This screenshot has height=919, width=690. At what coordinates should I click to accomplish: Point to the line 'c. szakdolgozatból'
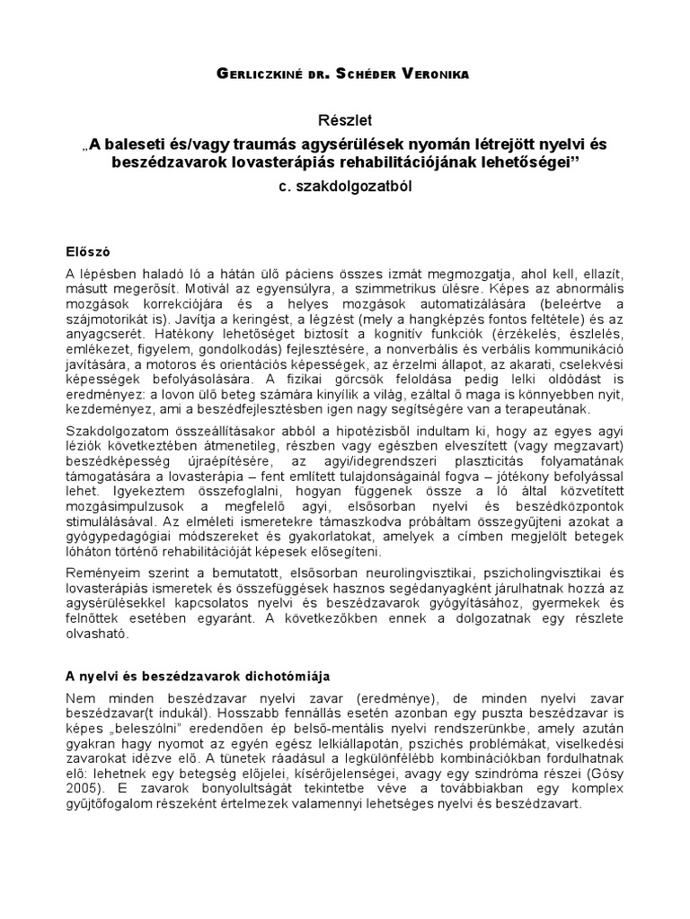coord(345,188)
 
